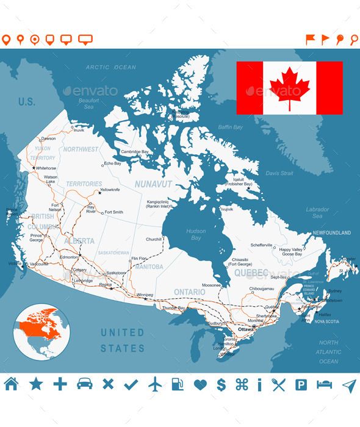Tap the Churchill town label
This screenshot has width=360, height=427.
(153, 239)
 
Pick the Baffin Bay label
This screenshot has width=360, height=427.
(231, 127)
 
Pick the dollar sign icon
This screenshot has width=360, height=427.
(222, 384)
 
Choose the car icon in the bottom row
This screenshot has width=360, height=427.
(84, 384)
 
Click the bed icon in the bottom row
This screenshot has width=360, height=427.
(324, 384)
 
